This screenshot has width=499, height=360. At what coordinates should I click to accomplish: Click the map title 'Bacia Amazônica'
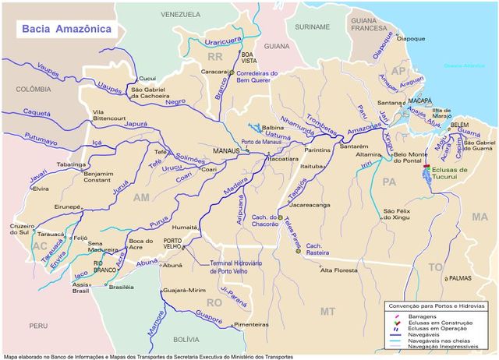pos(66,29)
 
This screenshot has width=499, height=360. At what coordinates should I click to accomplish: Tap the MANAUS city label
pos(227,152)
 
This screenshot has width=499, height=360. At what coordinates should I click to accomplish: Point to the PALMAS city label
pos(461,277)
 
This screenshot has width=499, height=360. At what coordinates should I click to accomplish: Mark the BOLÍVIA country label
pos(186,340)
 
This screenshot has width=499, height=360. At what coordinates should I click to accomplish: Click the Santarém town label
pos(354,146)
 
